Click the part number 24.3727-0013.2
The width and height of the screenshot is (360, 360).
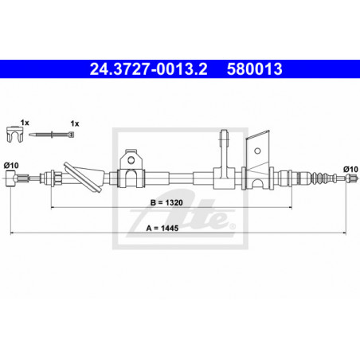tap(148, 69)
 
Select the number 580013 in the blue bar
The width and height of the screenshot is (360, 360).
tap(254, 69)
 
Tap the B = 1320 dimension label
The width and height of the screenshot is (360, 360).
tap(166, 202)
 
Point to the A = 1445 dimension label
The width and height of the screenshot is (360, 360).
tap(162, 228)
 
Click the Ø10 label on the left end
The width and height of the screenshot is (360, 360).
tap(11, 166)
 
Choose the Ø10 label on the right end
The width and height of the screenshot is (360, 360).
tap(350, 169)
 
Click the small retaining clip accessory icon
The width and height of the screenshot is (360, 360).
tap(14, 135)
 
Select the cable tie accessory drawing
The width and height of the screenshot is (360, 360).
tap(51, 135)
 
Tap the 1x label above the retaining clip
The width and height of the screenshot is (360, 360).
tap(25, 123)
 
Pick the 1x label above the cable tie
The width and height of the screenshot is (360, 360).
tap(75, 123)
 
